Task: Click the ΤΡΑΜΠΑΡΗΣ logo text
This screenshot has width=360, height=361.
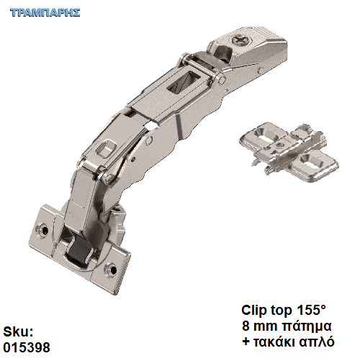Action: [45, 12]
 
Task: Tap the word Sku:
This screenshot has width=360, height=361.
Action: [18, 332]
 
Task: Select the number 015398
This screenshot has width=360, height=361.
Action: [27, 347]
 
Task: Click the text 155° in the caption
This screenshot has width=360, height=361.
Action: [312, 310]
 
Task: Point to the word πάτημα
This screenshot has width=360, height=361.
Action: [307, 326]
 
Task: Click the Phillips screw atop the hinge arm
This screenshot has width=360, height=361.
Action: [241, 40]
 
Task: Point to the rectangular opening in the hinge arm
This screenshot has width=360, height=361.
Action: [183, 81]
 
